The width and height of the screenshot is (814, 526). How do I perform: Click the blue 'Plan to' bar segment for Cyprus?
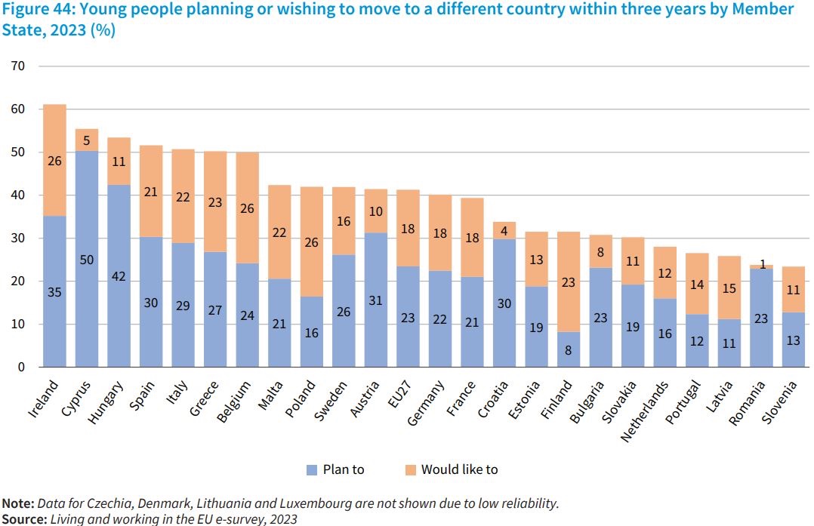click(x=87, y=259)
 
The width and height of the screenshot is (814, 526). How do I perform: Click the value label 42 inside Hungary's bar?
click(x=119, y=277)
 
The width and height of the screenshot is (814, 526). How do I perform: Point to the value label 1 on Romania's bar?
click(x=761, y=265)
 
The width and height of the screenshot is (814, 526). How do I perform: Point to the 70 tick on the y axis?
click(x=19, y=66)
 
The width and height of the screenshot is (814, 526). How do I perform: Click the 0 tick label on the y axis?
click(x=22, y=368)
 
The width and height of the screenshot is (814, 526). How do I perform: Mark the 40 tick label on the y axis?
click(x=19, y=195)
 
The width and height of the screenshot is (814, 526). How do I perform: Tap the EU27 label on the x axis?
click(x=399, y=394)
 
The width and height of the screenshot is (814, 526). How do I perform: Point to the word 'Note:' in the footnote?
click(x=17, y=503)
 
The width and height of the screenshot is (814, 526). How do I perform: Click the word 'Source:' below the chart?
click(x=23, y=519)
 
